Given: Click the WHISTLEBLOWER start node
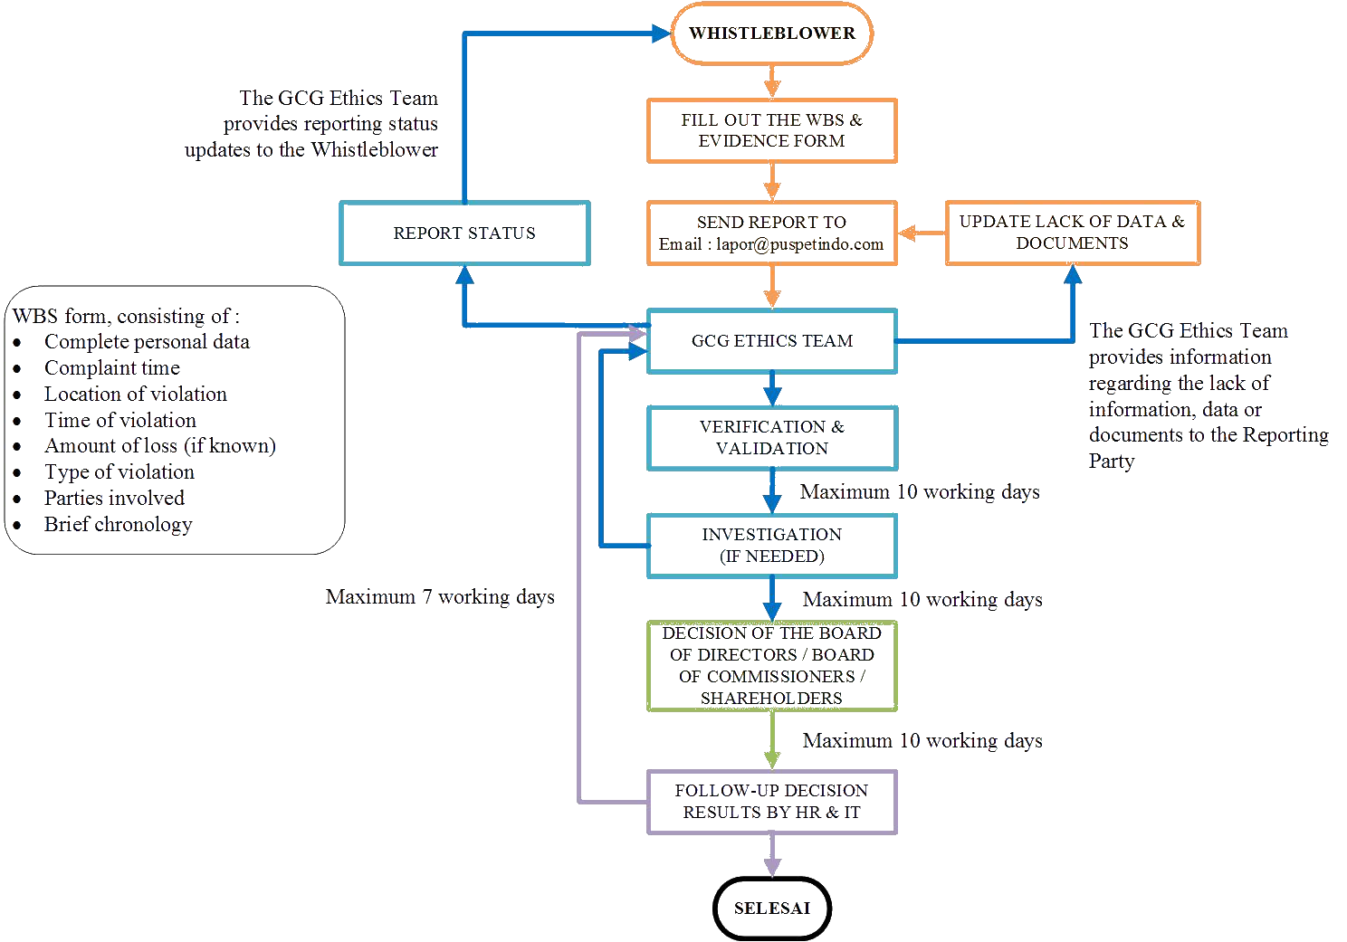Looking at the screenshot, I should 771,33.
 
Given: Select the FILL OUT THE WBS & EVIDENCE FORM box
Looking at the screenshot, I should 771,130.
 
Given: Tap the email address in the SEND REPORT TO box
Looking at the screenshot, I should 771,244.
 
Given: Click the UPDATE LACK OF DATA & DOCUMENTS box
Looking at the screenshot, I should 1073,233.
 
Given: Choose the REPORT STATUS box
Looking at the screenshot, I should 464,233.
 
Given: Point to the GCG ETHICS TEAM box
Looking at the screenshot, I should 771,341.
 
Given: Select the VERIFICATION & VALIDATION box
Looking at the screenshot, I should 771,438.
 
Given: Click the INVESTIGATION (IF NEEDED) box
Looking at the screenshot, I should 771,546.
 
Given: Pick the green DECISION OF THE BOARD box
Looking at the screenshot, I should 771,665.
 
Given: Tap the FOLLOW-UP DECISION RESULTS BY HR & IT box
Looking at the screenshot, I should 771,802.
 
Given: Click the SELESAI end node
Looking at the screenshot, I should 771,908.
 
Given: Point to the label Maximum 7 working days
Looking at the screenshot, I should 440,597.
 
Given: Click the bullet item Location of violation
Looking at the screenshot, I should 136,395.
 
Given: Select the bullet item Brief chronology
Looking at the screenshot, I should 118,525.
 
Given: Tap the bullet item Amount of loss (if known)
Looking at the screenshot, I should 159,446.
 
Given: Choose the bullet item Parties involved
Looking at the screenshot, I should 114,499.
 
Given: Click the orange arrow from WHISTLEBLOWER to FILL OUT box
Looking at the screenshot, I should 771,81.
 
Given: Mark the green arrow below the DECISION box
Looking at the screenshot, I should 771,739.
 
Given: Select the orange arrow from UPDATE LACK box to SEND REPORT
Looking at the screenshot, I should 921,233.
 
